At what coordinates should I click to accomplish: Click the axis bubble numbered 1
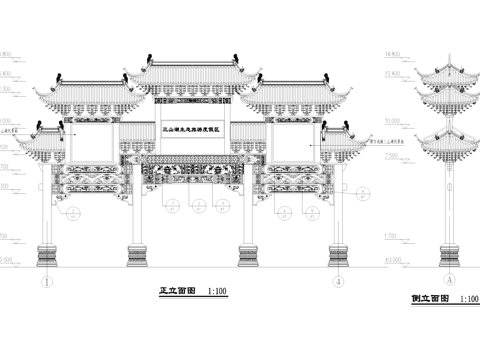pos(46,282)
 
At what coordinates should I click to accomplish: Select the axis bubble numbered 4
pos(340,282)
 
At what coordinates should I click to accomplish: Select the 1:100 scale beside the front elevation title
pos(216,292)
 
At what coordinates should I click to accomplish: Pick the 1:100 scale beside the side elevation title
pos(467,298)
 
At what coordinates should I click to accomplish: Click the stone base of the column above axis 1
pos(46,254)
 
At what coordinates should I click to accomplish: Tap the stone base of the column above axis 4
pos(340,254)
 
